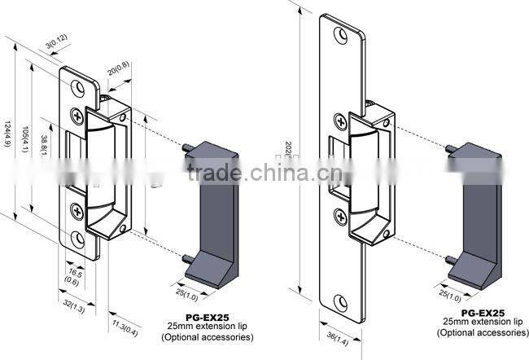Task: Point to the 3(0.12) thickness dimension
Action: tap(56, 40)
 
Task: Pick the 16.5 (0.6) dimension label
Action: tap(74, 277)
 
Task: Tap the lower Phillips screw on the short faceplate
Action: tap(77, 210)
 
